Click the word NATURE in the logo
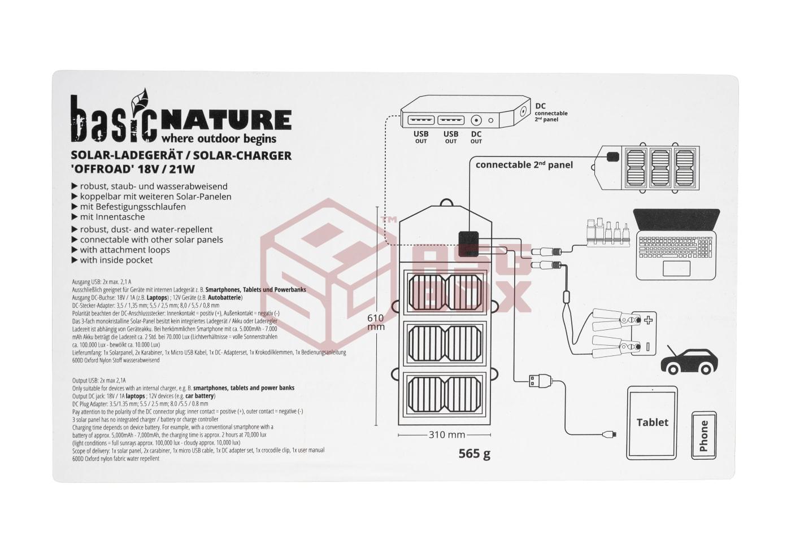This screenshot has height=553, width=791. tap(226, 120)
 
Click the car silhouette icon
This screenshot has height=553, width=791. tap(690, 360)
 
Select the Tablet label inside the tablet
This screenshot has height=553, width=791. tap(652, 422)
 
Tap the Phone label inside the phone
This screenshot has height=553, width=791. tap(703, 436)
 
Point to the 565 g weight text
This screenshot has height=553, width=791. tap(475, 454)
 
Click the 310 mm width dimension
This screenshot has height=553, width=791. tap(447, 435)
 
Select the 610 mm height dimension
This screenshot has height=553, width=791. tap(376, 322)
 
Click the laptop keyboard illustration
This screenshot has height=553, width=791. tap(676, 246)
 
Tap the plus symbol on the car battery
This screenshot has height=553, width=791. tap(648, 321)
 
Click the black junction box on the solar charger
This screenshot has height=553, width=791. tap(468, 241)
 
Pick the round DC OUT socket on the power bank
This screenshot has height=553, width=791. tap(476, 120)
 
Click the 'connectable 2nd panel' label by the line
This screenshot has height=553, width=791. tap(524, 165)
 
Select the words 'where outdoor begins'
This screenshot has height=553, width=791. tap(219, 138)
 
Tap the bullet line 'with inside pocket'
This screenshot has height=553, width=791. tap(116, 260)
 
